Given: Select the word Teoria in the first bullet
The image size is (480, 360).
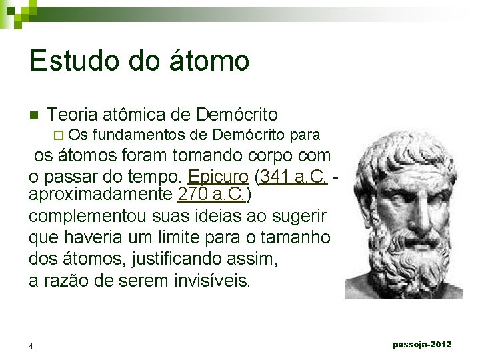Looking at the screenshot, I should click(71, 115).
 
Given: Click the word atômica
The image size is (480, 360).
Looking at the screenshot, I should click(135, 115).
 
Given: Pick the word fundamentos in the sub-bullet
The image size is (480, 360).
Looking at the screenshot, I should click(139, 135).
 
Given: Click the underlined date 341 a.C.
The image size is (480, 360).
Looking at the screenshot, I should click(293, 178).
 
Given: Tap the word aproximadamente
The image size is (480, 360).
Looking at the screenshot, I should click(101, 196).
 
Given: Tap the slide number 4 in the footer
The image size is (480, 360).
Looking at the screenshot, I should click(31, 345).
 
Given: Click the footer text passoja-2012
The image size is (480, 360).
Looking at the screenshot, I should click(422, 344).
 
